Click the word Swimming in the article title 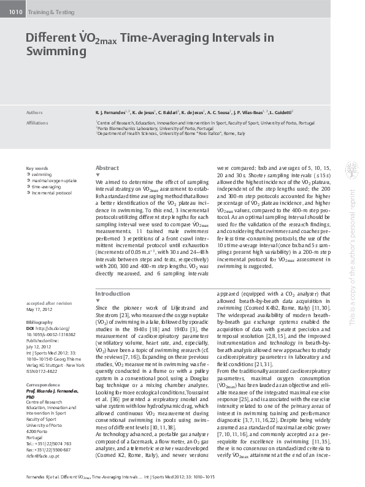pos(56,52)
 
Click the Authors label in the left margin pos(34,113)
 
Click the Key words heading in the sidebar pos(37,168)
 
